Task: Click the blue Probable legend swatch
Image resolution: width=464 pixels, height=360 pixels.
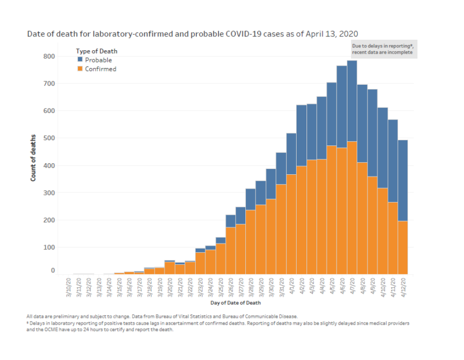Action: (80, 60)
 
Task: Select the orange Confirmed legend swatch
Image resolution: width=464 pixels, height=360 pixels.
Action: (80, 69)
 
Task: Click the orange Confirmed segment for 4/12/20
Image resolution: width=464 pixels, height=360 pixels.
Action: (403, 247)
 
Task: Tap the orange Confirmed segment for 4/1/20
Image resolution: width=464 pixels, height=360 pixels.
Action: (291, 224)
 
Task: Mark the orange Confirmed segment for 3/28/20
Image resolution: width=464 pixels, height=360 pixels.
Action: (251, 242)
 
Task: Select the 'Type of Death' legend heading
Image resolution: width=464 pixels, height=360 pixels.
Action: (96, 51)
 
